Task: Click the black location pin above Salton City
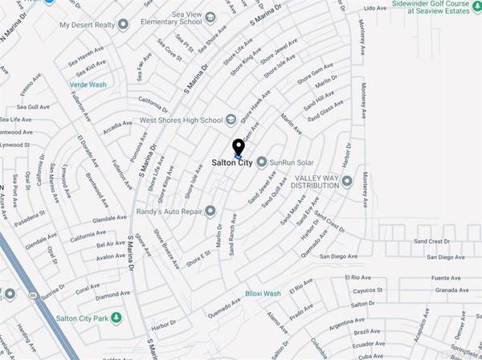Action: pos(238,148)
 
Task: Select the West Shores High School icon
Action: pos(231,121)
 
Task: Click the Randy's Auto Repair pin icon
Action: pos(210,211)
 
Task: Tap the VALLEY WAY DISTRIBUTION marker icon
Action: pos(347,180)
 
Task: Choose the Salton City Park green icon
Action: pos(116,318)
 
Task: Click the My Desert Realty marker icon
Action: pos(122,24)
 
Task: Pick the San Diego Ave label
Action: pos(339,256)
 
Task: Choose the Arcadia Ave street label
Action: pos(116,126)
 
